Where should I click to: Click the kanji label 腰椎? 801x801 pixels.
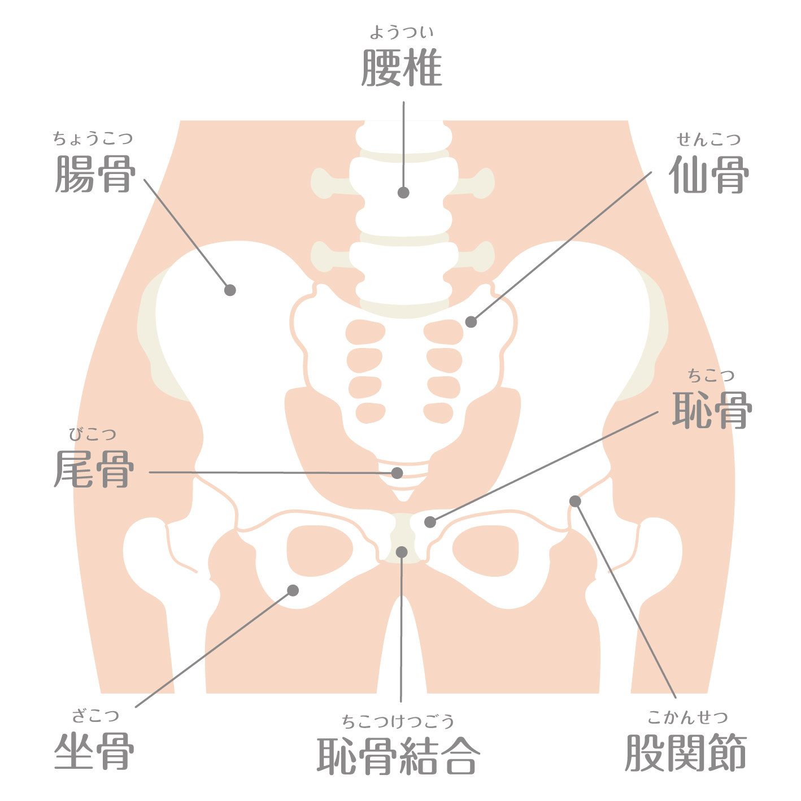pyautogui.click(x=402, y=67)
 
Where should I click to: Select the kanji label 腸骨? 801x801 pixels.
pyautogui.click(x=95, y=174)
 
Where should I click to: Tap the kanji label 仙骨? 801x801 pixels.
pyautogui.click(x=709, y=175)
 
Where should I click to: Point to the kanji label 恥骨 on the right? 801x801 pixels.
pyautogui.click(x=712, y=410)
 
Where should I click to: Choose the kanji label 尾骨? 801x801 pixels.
pyautogui.click(x=94, y=469)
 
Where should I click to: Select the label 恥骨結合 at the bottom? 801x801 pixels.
pyautogui.click(x=399, y=756)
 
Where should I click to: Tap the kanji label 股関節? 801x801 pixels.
pyautogui.click(x=686, y=753)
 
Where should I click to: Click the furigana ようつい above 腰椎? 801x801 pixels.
pyautogui.click(x=402, y=32)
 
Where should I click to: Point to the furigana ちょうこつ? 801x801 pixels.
pyautogui.click(x=93, y=138)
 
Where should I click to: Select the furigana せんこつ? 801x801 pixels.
pyautogui.click(x=709, y=140)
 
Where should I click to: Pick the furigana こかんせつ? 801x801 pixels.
pyautogui.click(x=687, y=717)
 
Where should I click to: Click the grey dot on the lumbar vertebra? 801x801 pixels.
pyautogui.click(x=403, y=193)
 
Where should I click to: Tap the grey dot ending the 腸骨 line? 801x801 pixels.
pyautogui.click(x=230, y=290)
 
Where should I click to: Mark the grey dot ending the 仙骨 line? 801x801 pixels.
pyautogui.click(x=471, y=322)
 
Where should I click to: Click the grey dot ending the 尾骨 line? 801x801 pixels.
pyautogui.click(x=397, y=473)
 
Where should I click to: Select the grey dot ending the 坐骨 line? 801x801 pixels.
pyautogui.click(x=293, y=590)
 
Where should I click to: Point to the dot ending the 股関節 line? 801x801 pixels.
pyautogui.click(x=575, y=501)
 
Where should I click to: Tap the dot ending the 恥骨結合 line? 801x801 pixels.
pyautogui.click(x=402, y=552)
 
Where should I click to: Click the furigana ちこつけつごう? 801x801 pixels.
pyautogui.click(x=398, y=721)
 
